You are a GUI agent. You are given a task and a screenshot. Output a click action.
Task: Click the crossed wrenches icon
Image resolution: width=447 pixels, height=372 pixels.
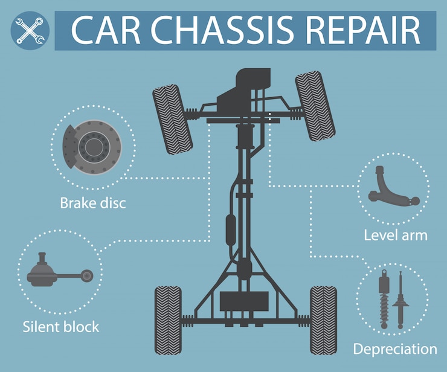(30, 31)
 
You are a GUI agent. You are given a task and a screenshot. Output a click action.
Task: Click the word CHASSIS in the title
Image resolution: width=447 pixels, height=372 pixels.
(222, 31)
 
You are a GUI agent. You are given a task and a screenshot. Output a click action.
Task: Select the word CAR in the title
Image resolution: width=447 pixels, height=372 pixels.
(106, 31)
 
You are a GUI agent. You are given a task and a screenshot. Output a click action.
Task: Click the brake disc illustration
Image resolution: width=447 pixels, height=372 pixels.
(92, 147)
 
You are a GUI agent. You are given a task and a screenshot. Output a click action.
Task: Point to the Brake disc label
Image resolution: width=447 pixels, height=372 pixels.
(93, 204)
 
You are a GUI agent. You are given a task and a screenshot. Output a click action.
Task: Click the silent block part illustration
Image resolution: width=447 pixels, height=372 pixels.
(60, 270)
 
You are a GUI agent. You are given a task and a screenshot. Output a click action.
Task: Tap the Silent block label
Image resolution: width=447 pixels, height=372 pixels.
(61, 327)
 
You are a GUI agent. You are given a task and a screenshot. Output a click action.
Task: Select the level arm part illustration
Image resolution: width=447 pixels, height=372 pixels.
(393, 187)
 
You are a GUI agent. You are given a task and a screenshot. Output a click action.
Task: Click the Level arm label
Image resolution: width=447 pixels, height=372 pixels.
(396, 236)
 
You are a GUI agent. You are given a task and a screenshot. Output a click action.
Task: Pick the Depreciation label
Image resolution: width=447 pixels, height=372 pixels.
(395, 349)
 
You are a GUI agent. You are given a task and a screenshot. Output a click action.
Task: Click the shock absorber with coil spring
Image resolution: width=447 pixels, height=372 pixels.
(384, 299)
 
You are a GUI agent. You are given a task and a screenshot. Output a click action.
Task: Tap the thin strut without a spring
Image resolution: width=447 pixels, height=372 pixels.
(400, 300)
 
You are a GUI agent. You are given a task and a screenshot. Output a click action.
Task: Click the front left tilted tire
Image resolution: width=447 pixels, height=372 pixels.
(173, 119)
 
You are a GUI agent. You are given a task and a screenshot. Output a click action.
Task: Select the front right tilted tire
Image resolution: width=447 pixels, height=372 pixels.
(315, 106)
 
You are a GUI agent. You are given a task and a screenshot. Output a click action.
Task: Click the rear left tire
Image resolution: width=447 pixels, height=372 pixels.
(168, 321)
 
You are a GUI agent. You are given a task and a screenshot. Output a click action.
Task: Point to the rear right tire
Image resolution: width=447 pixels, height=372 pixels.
(323, 321)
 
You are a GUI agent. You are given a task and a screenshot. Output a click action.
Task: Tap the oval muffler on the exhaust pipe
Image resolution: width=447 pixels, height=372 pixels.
(231, 230)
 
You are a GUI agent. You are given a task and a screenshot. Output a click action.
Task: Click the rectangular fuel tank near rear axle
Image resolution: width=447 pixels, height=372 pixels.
(244, 301)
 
